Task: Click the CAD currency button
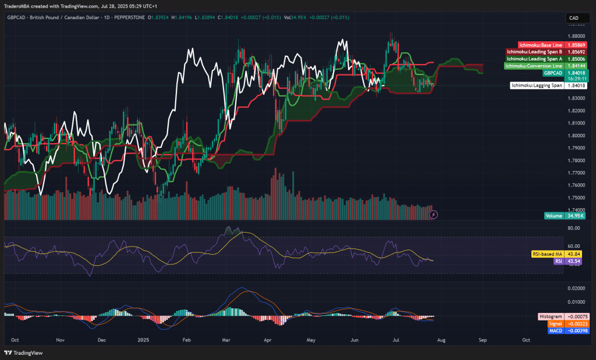point(574,19)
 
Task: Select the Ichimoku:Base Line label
point(540,45)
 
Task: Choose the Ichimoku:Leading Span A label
point(534,59)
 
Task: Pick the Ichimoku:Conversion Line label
point(533,66)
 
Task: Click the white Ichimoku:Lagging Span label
point(537,85)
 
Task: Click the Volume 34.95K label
point(554,216)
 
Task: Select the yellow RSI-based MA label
point(547,254)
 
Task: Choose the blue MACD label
point(556,330)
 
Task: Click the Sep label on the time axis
point(483,338)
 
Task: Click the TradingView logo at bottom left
point(20,352)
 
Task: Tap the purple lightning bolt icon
point(433,215)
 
